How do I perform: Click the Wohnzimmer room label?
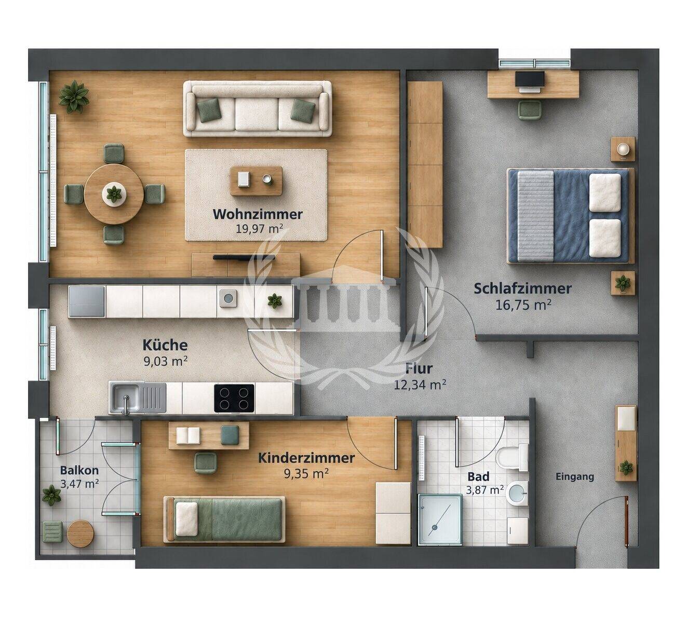click(258, 214)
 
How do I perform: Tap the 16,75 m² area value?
click(523, 305)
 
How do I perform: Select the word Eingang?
click(575, 477)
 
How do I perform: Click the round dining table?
click(114, 194)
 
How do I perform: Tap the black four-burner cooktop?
click(234, 398)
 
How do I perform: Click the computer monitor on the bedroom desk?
click(530, 80)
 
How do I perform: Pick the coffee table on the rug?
click(256, 181)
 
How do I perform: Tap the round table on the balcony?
click(80, 534)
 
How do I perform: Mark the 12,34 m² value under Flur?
click(420, 385)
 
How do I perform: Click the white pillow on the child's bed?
click(186, 519)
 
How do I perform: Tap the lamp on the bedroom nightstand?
click(623, 149)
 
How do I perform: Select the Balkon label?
click(79, 470)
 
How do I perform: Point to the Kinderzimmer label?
click(306, 458)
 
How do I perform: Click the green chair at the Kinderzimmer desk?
click(206, 462)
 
